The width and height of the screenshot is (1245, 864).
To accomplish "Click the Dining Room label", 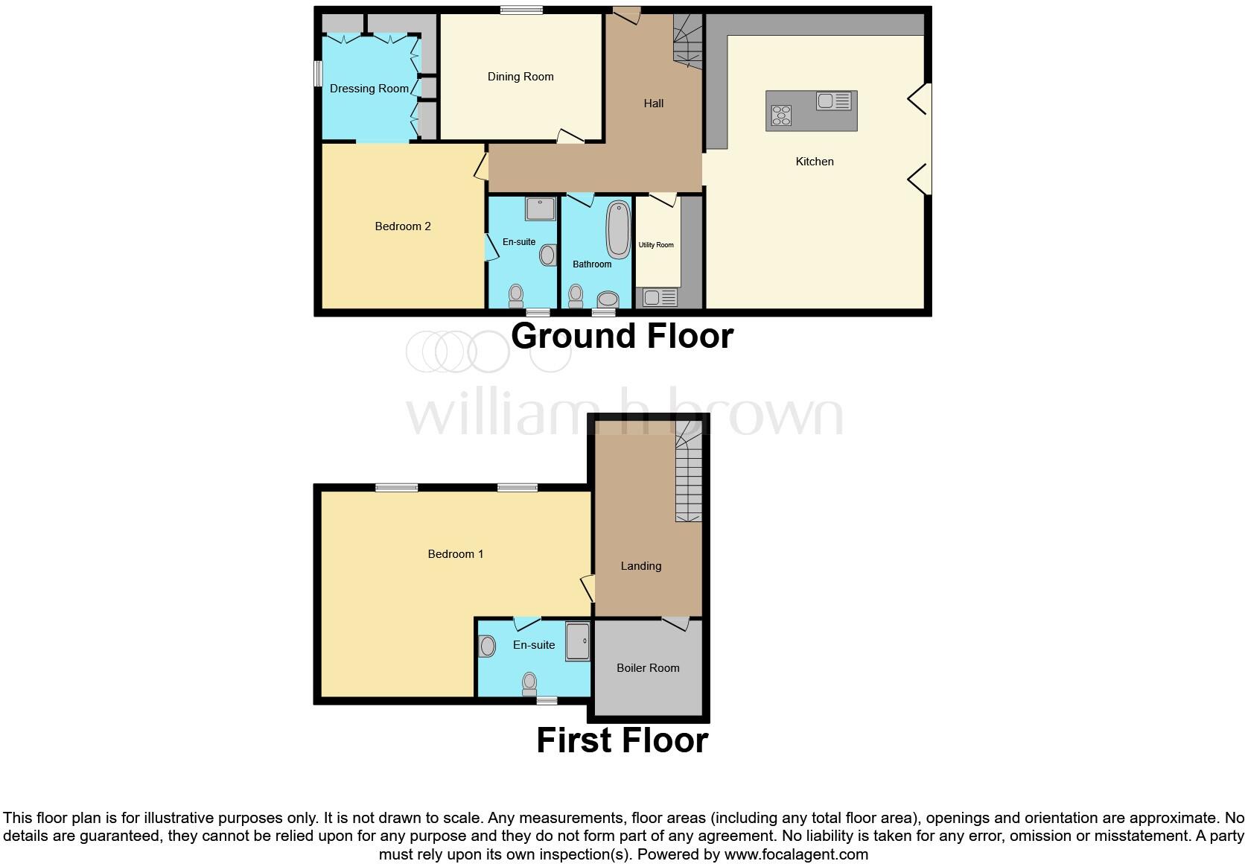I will (520, 77).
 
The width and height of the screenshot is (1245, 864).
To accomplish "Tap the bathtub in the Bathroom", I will (619, 229).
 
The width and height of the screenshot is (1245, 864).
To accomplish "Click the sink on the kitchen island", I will (834, 101).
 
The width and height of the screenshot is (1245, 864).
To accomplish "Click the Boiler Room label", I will (648, 668).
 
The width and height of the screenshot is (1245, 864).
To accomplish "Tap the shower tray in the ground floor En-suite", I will (541, 209).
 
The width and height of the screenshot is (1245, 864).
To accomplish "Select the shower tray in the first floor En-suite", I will (578, 642).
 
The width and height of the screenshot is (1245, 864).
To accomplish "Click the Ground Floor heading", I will (622, 336).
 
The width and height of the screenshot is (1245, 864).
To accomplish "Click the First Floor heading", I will (622, 740).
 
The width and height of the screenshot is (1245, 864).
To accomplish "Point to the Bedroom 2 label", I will (403, 226).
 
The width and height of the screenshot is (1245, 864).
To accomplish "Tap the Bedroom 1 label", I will (456, 554).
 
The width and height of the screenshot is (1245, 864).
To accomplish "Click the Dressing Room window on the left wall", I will (317, 74).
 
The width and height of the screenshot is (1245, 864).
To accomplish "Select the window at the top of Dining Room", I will (520, 10).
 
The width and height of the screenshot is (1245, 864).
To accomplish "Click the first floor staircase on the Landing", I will (689, 477).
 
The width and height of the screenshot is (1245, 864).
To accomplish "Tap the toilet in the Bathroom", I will (575, 297).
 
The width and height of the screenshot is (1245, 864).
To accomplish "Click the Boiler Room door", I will (676, 623).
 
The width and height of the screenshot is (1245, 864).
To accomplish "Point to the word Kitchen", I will (815, 162).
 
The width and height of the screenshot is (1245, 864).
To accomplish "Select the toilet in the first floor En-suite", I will (529, 683).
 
